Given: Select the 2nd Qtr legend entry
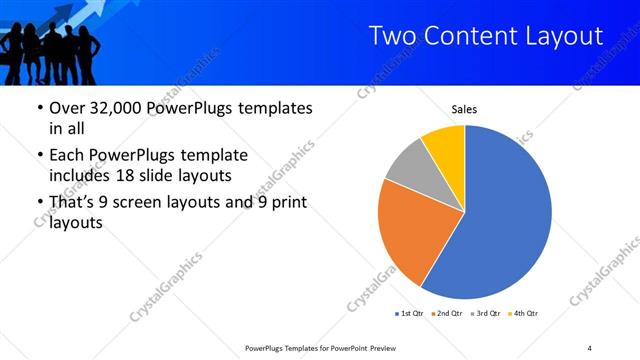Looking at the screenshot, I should point(446,314).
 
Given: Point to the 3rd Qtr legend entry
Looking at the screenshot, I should point(485,314).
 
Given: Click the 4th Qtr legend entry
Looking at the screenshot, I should point(524,314).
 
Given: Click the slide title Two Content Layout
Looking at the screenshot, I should point(486,36).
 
